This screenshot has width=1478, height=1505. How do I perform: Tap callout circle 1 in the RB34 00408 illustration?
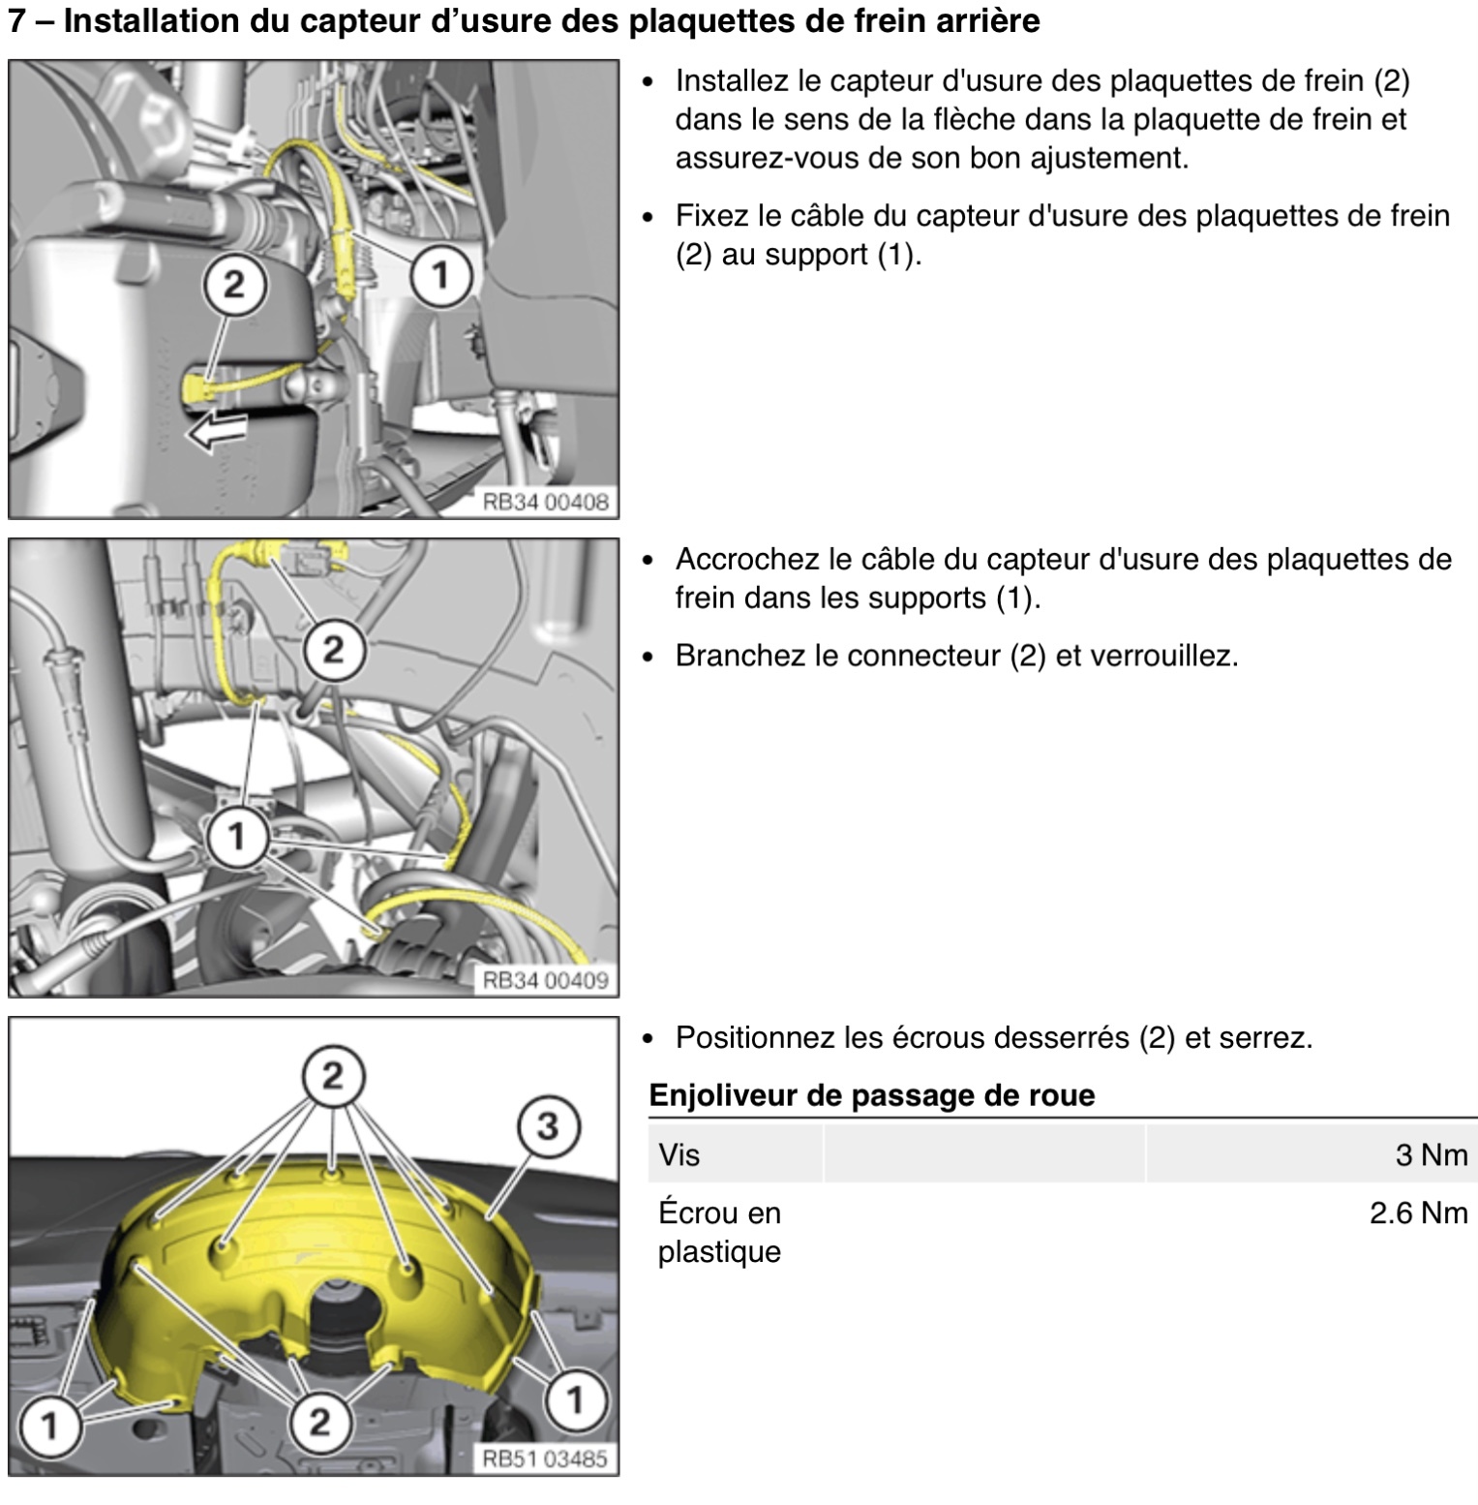[x=440, y=276]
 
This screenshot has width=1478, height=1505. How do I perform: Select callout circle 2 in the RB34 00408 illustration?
[x=233, y=285]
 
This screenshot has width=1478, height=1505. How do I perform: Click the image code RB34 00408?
[x=546, y=502]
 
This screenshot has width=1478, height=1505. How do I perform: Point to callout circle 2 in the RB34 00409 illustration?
[x=332, y=649]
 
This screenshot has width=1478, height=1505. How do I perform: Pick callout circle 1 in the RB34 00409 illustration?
[x=237, y=835]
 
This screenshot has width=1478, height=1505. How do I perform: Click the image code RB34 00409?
[x=546, y=980]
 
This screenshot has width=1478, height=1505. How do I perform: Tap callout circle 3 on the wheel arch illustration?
[x=547, y=1126]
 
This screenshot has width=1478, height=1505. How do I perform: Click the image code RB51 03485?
[x=546, y=1459]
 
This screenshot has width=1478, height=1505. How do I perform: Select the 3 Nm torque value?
[x=1431, y=1154]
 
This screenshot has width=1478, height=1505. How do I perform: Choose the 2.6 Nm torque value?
[x=1418, y=1213]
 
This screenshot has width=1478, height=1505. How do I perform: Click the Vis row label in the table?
[x=679, y=1154]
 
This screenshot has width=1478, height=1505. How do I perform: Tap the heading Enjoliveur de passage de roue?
[x=871, y=1095]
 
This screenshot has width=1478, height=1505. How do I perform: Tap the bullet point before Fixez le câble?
[x=649, y=216]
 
